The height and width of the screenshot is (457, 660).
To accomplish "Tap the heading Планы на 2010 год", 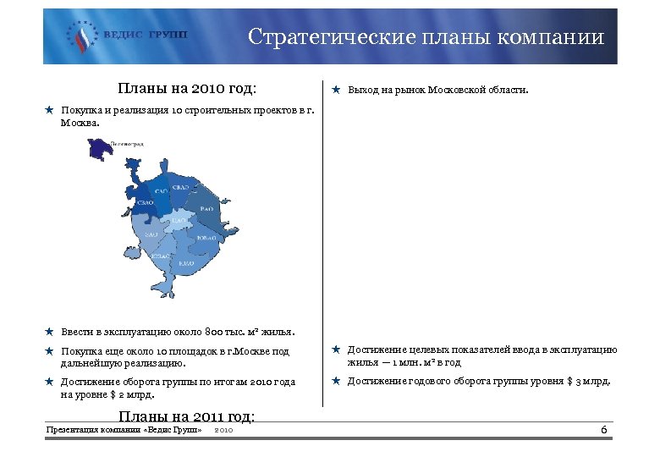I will pyautogui.click(x=187, y=88).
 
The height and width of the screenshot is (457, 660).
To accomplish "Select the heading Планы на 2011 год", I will pyautogui.click(x=187, y=416).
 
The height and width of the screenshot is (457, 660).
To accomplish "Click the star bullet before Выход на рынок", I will pyautogui.click(x=336, y=89).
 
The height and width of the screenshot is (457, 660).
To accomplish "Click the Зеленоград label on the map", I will pyautogui.click(x=128, y=145).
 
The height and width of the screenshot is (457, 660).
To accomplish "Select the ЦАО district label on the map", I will pyautogui.click(x=178, y=221).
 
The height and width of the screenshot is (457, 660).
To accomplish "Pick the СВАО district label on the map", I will pyautogui.click(x=180, y=187).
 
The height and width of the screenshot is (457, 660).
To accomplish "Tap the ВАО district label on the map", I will pyautogui.click(x=206, y=207).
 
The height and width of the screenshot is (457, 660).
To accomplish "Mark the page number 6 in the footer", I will pyautogui.click(x=603, y=432).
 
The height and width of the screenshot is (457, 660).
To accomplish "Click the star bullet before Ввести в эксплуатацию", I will pyautogui.click(x=50, y=332).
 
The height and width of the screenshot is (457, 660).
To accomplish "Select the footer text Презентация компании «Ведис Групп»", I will pyautogui.click(x=124, y=431).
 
